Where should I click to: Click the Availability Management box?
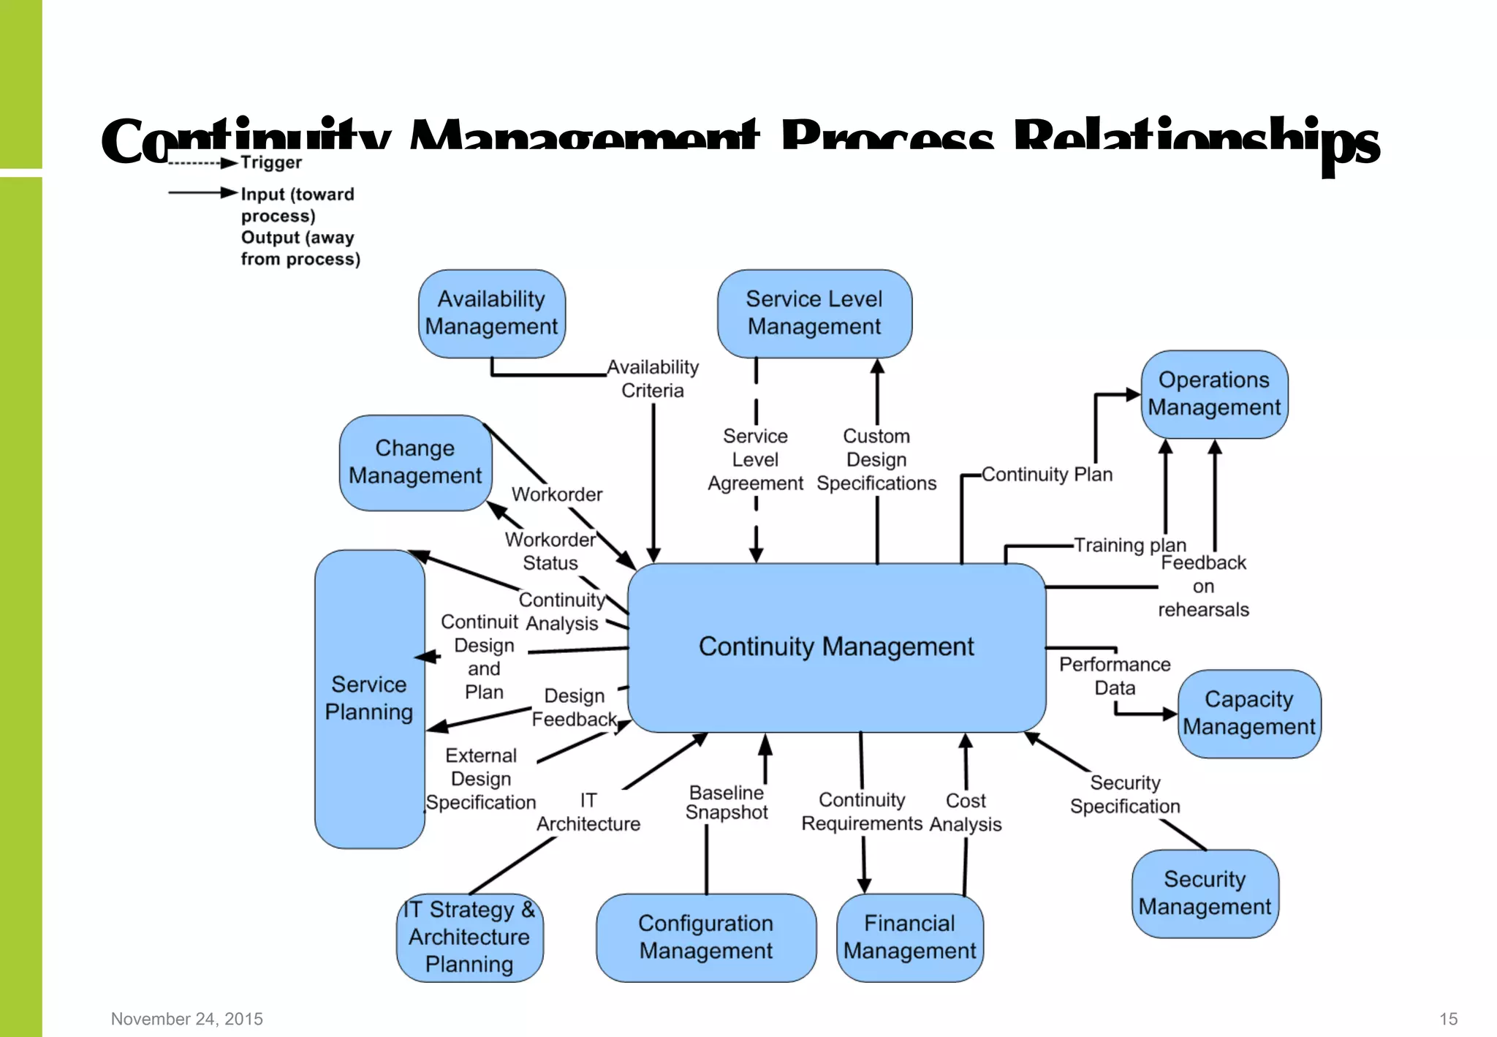[x=491, y=313]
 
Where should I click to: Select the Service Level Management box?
[x=814, y=313]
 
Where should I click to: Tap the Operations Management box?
[x=1213, y=394]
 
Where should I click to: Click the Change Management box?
[x=414, y=462]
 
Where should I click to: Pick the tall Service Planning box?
[x=369, y=698]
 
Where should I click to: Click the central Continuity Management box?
[x=836, y=647]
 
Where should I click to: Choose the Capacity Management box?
[x=1248, y=713]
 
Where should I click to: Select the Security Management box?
[x=1205, y=893]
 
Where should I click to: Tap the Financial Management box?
[x=909, y=937]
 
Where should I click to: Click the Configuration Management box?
[x=705, y=937]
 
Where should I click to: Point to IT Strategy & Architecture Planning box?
[x=469, y=937]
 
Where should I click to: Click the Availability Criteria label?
[x=653, y=379]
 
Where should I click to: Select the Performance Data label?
[x=1115, y=676]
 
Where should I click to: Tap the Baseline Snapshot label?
[x=727, y=803]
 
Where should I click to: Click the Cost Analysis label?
[x=966, y=812]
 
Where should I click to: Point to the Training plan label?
[x=1129, y=545]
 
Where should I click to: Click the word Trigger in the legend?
[x=271, y=162]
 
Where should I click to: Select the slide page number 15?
[x=1448, y=1019]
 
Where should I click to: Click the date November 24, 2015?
[x=187, y=1019]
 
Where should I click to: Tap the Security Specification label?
[x=1125, y=795]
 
